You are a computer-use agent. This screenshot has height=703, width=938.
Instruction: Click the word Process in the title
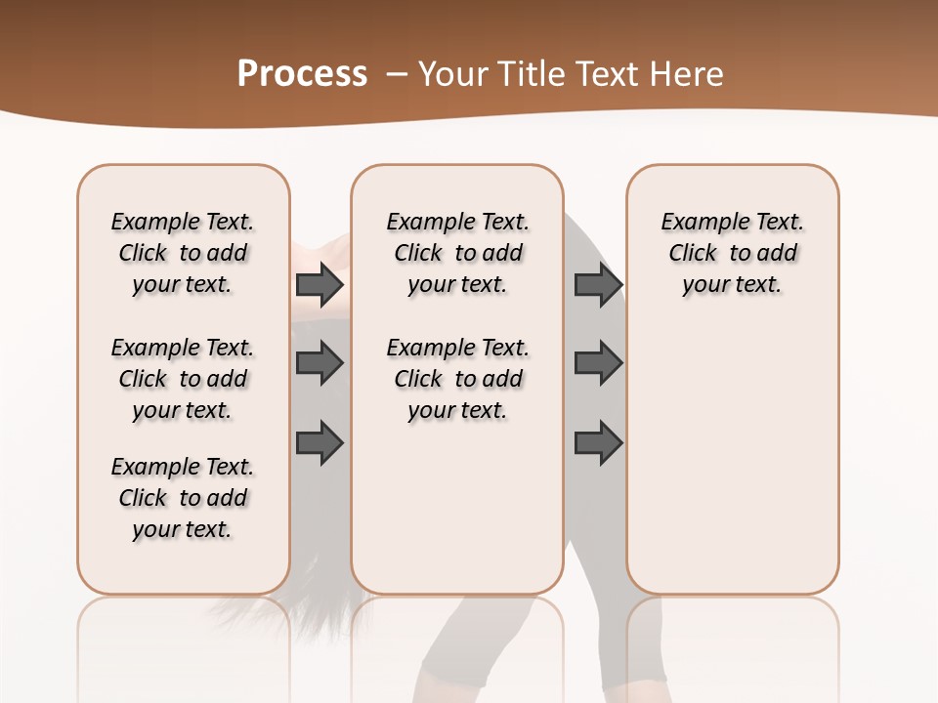302,74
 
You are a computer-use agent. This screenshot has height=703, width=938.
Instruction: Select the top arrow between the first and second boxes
320,284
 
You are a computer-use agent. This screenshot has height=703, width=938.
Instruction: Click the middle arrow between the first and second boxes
320,363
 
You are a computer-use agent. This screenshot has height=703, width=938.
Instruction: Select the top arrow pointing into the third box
598,284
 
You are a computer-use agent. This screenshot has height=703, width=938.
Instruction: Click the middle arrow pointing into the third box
598,363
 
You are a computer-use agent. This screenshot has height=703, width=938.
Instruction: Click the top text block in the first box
183,253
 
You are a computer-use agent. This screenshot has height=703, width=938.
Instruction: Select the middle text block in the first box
183,379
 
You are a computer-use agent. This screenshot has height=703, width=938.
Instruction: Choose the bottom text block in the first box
183,498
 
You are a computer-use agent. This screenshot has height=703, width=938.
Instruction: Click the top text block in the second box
457,253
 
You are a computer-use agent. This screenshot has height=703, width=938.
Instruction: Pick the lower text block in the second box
457,379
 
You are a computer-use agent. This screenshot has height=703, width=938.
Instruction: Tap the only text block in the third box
733,253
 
